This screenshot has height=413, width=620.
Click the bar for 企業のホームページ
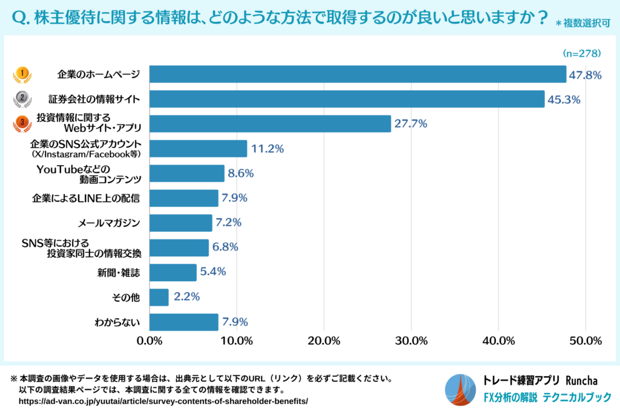(357, 74)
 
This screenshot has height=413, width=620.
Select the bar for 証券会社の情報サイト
(347, 99)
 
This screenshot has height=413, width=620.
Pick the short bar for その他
(159, 297)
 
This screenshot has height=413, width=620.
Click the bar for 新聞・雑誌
(173, 272)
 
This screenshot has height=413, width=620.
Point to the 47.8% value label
(585, 75)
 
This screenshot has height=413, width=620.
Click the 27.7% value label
(411, 124)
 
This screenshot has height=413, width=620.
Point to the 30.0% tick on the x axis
(411, 340)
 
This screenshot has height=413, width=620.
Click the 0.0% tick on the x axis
(150, 340)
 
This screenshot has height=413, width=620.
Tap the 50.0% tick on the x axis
(585, 340)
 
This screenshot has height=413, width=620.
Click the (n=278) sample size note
(581, 53)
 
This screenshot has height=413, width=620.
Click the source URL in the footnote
(163, 401)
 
